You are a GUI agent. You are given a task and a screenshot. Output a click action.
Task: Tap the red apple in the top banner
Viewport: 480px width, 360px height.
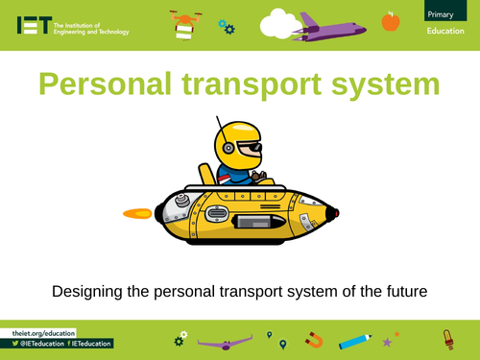(390, 20)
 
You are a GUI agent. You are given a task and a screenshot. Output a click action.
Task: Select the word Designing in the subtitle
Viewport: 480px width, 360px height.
(89, 289)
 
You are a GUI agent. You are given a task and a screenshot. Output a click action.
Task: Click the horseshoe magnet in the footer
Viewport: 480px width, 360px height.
(314, 340)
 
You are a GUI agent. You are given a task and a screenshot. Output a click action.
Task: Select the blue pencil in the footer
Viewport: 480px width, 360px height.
(354, 340)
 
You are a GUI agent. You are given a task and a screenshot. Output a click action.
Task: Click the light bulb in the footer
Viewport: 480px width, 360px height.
(444, 339)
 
